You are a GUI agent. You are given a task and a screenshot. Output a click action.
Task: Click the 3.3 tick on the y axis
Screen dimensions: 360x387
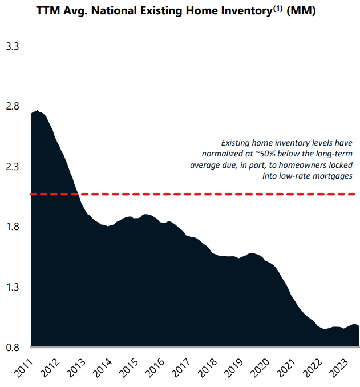coord(13,46)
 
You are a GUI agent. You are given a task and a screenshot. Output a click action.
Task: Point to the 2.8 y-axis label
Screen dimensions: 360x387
coord(13,106)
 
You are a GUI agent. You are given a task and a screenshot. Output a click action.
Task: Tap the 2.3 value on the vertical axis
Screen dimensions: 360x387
coord(13,167)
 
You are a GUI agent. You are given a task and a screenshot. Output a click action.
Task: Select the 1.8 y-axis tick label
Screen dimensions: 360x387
coord(13,227)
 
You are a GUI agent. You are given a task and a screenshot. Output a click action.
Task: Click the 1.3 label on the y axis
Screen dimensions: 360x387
coord(13,287)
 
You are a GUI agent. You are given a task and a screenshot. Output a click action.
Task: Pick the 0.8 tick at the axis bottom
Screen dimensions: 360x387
coord(13,347)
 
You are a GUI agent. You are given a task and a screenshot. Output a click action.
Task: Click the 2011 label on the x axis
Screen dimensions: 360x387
coord(24,368)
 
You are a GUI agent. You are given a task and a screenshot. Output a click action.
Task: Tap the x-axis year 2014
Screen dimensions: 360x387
coord(103,368)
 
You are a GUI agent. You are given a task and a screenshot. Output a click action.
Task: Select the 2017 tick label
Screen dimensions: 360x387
coord(181,368)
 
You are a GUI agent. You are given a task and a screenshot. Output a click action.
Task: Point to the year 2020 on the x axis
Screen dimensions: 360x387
coord(260,368)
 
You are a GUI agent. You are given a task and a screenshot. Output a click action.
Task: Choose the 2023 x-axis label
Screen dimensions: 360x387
coord(339,368)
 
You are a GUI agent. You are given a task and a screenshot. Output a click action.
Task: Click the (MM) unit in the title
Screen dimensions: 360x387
coord(301,11)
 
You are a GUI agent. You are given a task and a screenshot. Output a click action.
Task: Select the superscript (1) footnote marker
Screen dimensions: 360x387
coord(277,8)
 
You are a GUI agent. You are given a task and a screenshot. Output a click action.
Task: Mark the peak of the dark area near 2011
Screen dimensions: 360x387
coord(37,111)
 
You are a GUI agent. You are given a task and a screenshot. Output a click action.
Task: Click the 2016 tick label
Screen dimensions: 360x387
coord(155,368)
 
